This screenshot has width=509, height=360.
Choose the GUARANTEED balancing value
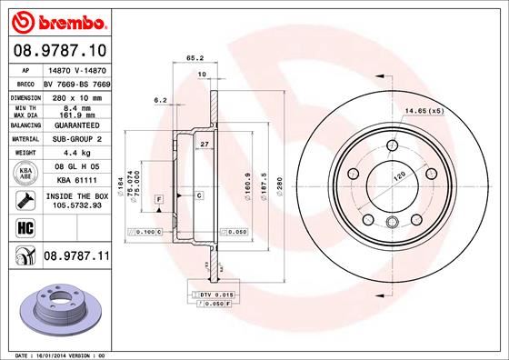tap(71, 125)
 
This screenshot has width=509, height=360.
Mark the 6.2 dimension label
tap(160, 99)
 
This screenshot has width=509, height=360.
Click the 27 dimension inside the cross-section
tap(205, 145)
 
